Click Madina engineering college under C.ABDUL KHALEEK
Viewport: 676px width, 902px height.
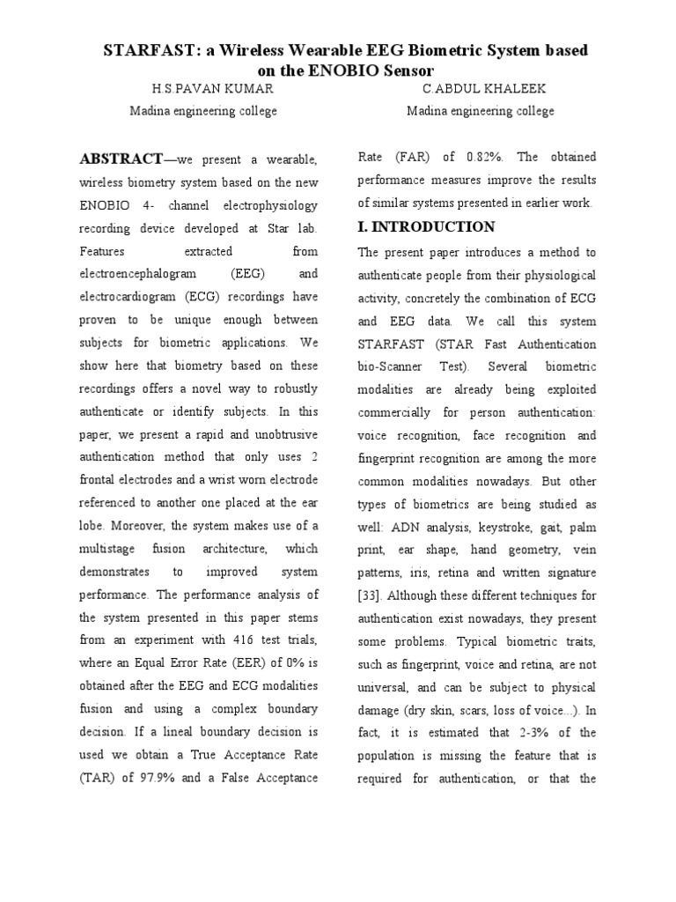(x=480, y=111)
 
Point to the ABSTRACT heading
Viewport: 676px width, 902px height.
(x=121, y=159)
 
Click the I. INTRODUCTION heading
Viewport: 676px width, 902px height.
(x=426, y=226)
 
